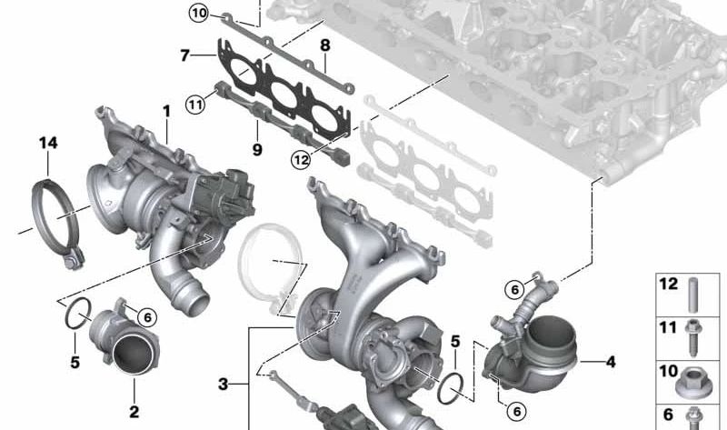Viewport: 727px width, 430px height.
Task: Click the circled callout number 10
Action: tap(199, 13)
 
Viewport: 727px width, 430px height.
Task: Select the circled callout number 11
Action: tap(195, 105)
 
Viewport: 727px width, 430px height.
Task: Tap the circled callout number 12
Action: tap(301, 160)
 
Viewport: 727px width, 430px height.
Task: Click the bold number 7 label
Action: tap(185, 55)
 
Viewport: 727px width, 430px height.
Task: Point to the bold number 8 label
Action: tap(325, 45)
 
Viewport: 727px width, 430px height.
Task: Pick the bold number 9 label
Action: tap(257, 149)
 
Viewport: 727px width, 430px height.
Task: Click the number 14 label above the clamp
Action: tap(48, 143)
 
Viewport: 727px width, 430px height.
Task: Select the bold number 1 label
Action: tap(166, 111)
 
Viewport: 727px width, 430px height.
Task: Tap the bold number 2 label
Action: tap(134, 411)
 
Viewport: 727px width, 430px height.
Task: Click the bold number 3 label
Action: tap(223, 384)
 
